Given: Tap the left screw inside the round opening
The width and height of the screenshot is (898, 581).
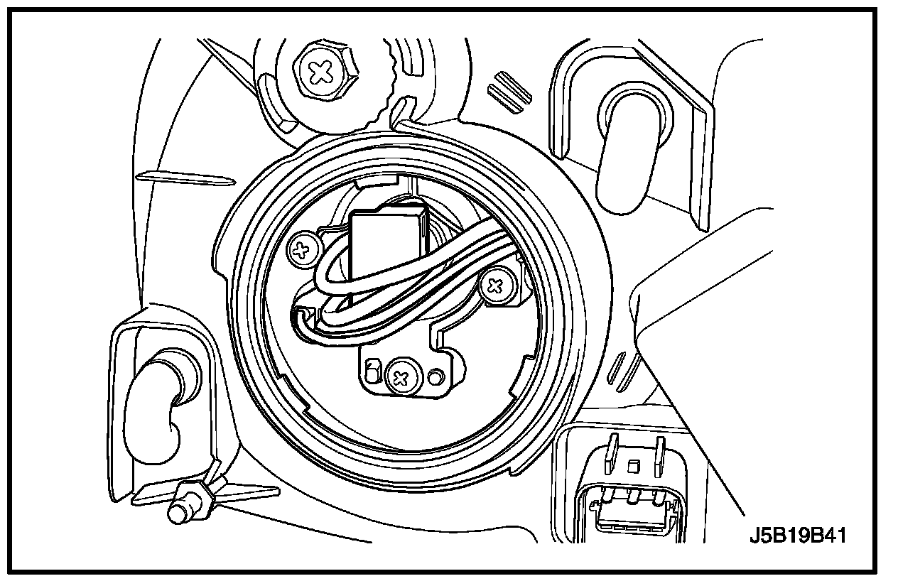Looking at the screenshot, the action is pyautogui.click(x=303, y=249).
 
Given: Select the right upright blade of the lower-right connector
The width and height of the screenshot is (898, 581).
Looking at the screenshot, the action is pyautogui.click(x=660, y=455).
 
